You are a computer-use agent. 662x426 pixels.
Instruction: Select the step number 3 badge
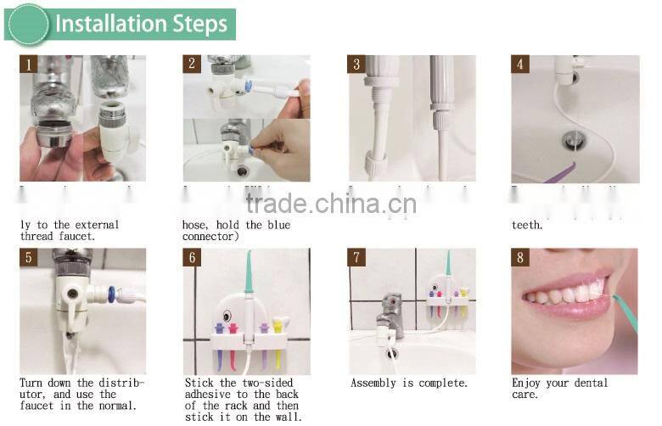pyautogui.click(x=356, y=64)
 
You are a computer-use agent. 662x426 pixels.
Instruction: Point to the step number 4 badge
pyautogui.click(x=520, y=64)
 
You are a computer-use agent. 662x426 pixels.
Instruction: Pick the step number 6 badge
pyautogui.click(x=192, y=257)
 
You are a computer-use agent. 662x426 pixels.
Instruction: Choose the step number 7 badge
pyautogui.click(x=356, y=257)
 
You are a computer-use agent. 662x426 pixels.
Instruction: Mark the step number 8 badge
pyautogui.click(x=520, y=257)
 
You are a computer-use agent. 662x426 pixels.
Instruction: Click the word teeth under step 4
pyautogui.click(x=526, y=226)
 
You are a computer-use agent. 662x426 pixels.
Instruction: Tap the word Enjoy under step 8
pyautogui.click(x=529, y=384)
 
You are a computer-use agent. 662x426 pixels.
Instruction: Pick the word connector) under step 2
pyautogui.click(x=210, y=237)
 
